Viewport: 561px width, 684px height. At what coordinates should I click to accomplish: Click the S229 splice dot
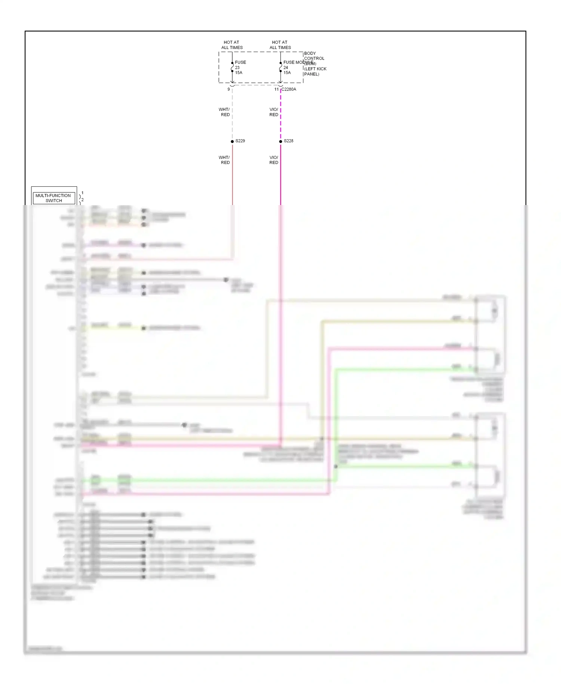click(x=232, y=141)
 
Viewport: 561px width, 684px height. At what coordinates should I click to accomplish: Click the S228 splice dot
click(x=280, y=141)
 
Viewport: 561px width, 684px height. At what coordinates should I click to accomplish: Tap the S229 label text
click(x=240, y=141)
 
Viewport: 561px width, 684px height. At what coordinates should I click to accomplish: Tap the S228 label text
click(x=288, y=141)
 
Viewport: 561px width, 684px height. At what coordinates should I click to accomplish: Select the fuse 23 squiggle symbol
click(x=232, y=67)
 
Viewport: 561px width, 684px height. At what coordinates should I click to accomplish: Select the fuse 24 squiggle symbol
click(x=280, y=67)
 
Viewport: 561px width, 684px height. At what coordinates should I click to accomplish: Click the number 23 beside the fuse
click(x=237, y=68)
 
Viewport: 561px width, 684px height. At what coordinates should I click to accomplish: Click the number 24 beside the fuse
click(x=285, y=68)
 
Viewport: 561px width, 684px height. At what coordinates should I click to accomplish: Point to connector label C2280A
click(x=289, y=89)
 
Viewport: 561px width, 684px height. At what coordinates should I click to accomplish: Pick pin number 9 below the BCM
click(x=229, y=89)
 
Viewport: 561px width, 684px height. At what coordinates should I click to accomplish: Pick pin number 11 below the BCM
click(x=276, y=89)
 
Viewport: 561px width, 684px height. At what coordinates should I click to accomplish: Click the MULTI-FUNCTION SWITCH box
click(x=53, y=198)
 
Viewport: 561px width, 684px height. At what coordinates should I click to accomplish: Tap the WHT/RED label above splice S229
click(x=224, y=112)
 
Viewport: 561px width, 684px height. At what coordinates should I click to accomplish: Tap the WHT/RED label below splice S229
click(x=224, y=160)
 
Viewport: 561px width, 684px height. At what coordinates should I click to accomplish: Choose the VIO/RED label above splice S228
click(x=274, y=112)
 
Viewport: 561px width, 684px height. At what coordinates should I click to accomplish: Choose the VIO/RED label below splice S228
click(x=274, y=160)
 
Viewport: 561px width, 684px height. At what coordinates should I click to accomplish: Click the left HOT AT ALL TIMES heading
click(x=232, y=45)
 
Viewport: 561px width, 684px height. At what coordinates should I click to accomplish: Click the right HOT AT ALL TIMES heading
click(x=280, y=45)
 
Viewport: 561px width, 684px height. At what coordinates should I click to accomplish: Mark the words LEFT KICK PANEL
click(x=315, y=71)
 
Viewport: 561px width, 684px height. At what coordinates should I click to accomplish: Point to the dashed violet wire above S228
click(x=280, y=116)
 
